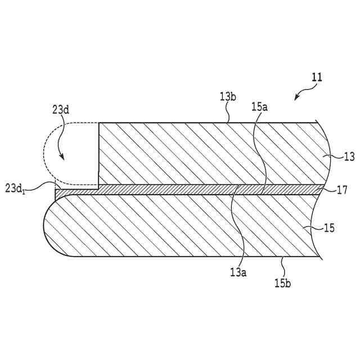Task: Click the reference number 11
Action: tap(317, 78)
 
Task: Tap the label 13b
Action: tap(227, 96)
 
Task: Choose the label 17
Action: tap(341, 190)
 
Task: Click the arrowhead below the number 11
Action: tap(296, 99)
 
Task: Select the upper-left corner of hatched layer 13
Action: tap(99, 123)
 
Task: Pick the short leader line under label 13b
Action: tap(228, 116)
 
